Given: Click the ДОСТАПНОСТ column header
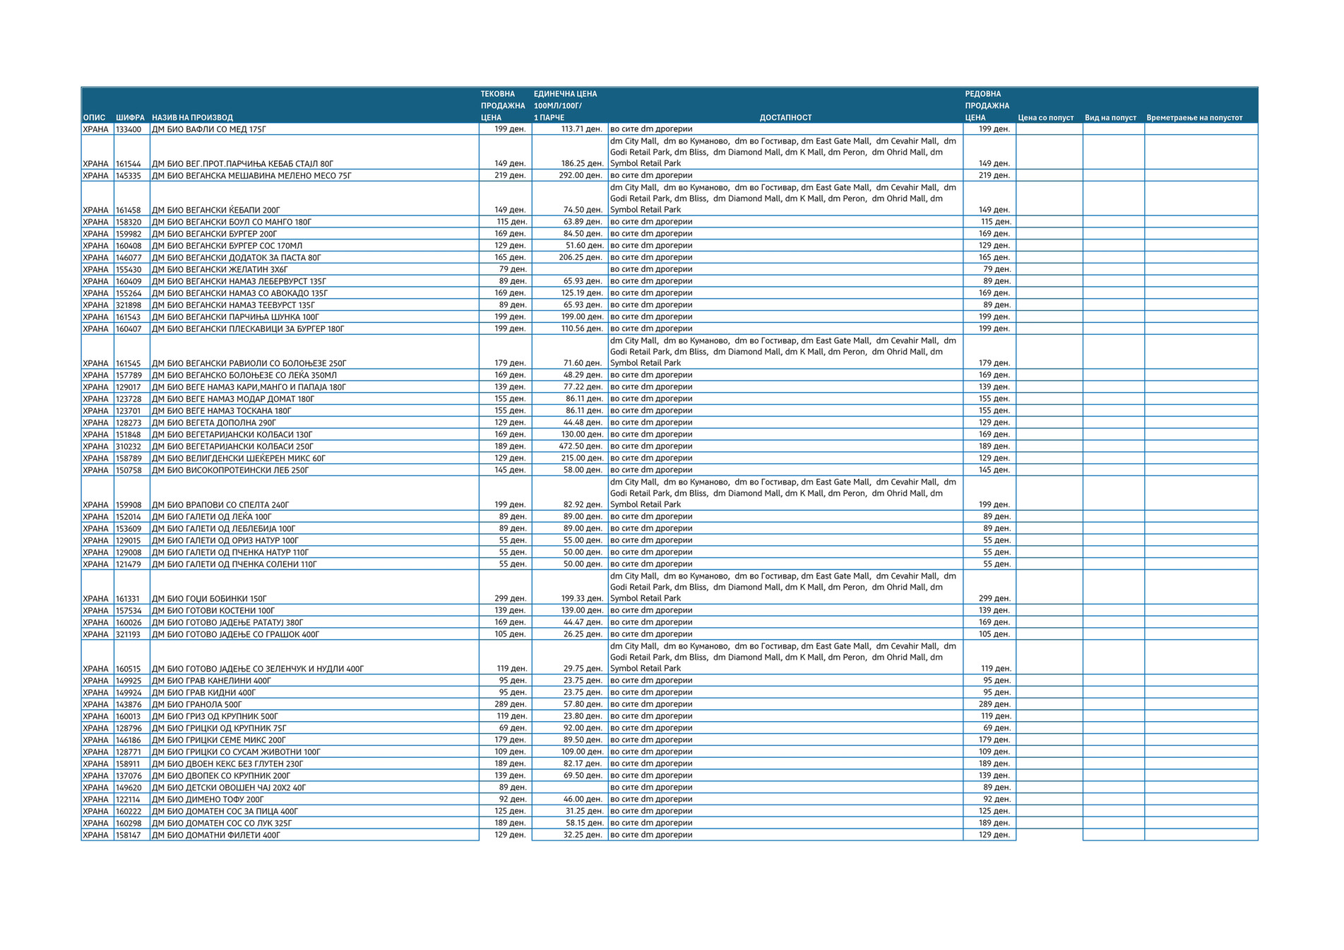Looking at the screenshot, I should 785,118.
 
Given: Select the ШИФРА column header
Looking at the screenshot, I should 130,118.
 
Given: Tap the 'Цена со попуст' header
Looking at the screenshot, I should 1045,118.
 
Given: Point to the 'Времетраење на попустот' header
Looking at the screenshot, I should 1194,118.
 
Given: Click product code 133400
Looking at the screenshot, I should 129,129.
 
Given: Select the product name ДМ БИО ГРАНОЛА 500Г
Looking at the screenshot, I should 197,704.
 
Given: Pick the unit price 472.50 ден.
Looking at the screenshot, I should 581,446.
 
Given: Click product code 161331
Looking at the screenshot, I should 129,599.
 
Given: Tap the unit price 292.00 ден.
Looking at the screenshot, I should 581,175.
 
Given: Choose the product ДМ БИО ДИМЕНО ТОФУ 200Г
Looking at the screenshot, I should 208,800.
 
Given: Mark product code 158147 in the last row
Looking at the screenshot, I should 129,835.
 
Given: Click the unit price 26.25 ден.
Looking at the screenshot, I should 583,634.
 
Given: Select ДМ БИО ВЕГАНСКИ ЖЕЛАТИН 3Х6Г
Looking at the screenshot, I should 220,269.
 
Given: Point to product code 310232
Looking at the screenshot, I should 129,446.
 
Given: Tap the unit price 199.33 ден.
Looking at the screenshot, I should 581,599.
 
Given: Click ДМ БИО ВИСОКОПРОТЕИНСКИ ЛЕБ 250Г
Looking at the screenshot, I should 230,470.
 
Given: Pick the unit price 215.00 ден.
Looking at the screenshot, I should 581,458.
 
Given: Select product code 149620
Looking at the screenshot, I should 129,788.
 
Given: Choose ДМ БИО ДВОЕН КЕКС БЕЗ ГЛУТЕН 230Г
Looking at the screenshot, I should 227,764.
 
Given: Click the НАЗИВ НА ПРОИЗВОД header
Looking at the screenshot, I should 192,118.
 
